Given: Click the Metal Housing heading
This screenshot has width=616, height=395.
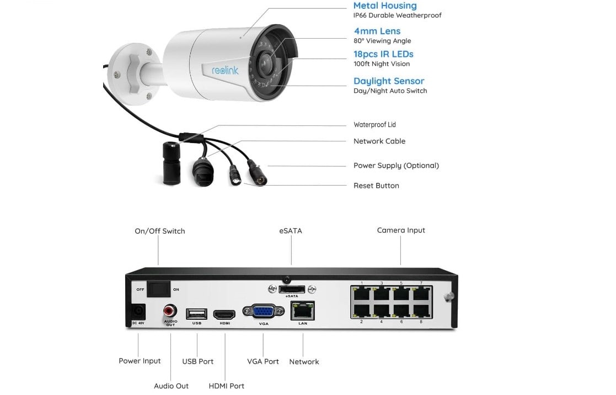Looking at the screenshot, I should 385,6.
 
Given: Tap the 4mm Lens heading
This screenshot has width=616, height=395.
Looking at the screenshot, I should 377,31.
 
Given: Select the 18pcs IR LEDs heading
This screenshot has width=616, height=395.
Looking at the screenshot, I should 383,54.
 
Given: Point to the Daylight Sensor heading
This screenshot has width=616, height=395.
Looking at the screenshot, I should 389,81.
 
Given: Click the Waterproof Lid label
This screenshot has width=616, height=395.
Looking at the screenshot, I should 374,125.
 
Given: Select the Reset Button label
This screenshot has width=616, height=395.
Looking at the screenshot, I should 376,186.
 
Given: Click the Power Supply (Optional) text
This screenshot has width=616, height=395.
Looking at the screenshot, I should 396,166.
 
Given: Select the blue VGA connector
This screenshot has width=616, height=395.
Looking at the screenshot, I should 263,312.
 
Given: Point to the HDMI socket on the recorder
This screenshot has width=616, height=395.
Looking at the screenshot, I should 224,314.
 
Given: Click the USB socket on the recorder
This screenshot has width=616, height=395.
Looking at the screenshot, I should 197,314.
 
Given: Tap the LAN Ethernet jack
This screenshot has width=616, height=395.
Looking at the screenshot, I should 302,310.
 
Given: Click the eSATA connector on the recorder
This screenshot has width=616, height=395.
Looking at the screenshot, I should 292,289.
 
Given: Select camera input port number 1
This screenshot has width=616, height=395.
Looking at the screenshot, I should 362,293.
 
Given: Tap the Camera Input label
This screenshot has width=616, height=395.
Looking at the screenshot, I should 401,230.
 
